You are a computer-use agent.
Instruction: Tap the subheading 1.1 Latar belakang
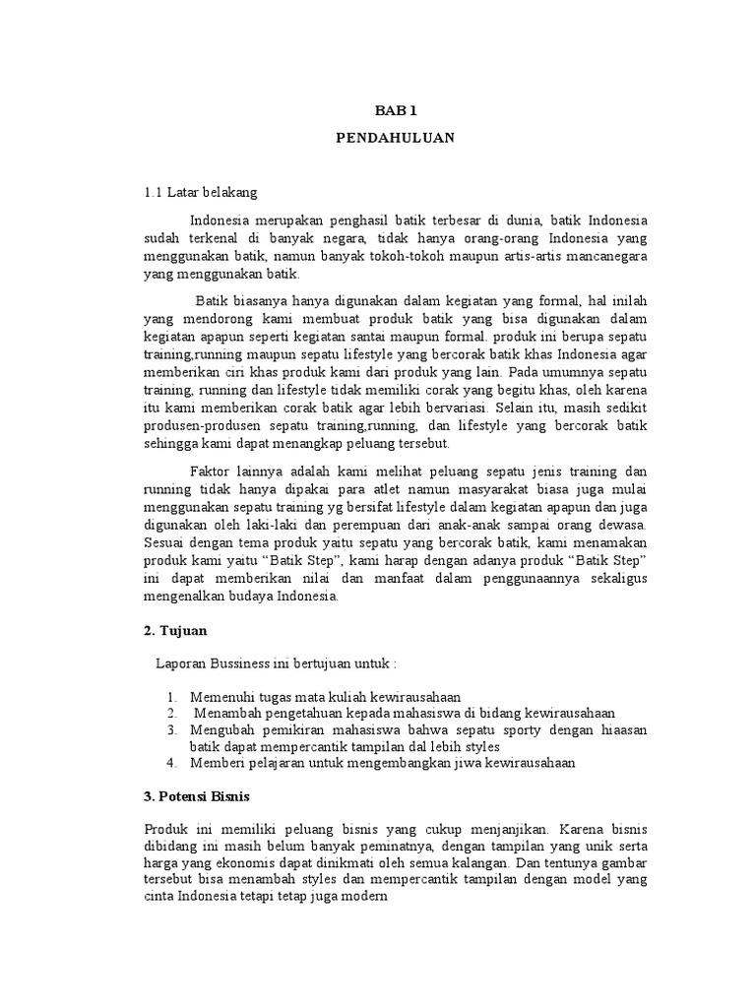pos(200,193)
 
